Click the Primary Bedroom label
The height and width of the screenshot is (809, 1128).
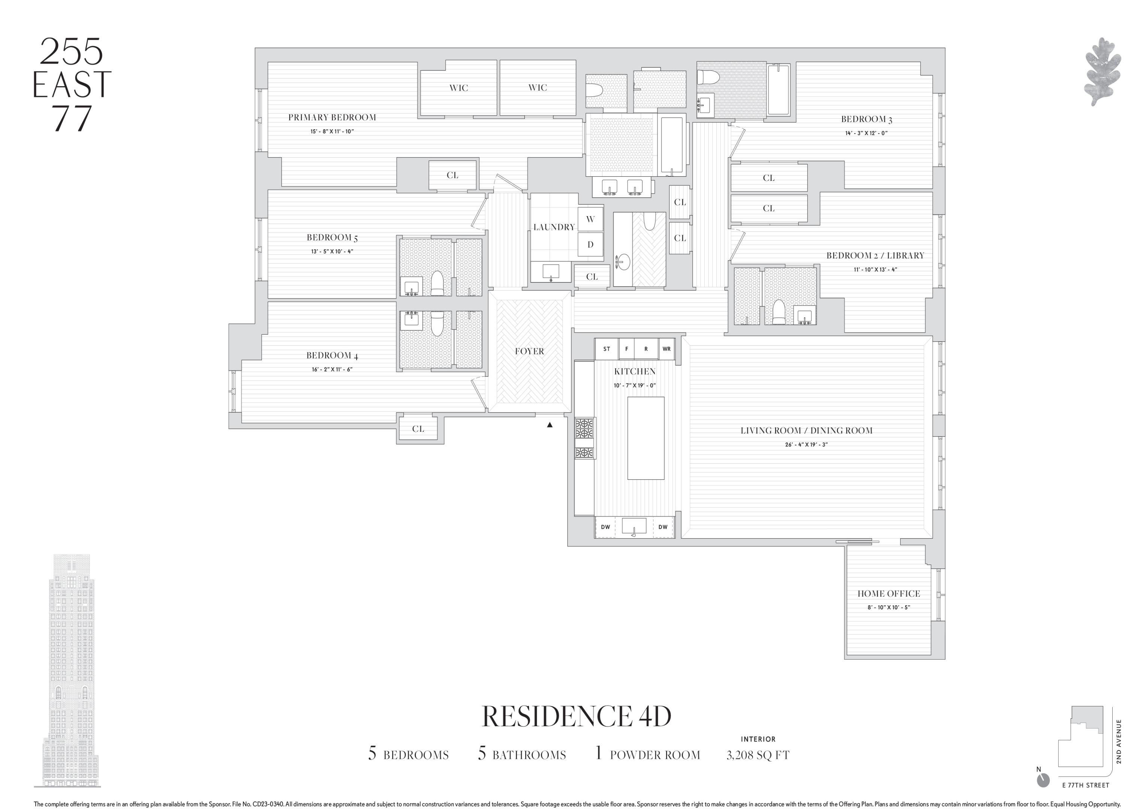click(332, 117)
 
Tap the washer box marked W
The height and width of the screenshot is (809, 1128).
click(590, 219)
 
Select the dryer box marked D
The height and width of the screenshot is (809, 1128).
click(590, 245)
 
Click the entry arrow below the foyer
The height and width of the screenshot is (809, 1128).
click(550, 425)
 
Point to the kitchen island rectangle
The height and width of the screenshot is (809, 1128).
click(645, 437)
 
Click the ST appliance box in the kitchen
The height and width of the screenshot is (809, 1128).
click(606, 349)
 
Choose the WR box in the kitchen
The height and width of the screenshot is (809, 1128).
click(666, 349)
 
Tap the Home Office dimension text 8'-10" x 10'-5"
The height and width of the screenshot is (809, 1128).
click(889, 607)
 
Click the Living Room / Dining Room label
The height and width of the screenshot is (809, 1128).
click(806, 431)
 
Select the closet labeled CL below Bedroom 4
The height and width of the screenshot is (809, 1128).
click(418, 428)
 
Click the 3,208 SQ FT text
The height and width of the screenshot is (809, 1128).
click(757, 755)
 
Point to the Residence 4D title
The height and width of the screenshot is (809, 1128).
click(577, 716)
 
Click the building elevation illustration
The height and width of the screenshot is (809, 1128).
click(70, 671)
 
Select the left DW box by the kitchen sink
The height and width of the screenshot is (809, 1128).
click(605, 527)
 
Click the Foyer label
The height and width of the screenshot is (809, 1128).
click(529, 351)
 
